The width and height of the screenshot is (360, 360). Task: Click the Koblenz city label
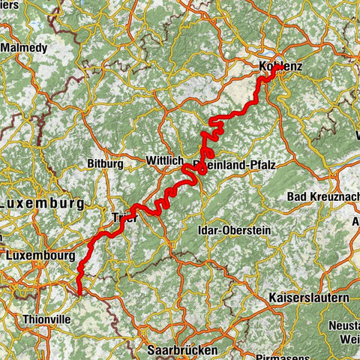pyautogui.click(x=278, y=67)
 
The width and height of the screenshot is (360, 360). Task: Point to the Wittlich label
pyautogui.click(x=165, y=160)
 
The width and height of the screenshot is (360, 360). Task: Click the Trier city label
pyautogui.click(x=123, y=218)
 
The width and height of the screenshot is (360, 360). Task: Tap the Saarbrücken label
pyautogui.click(x=184, y=349)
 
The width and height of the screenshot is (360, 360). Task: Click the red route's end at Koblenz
pyautogui.click(x=278, y=67)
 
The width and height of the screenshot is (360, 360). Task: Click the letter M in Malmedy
pyautogui.click(x=6, y=47)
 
